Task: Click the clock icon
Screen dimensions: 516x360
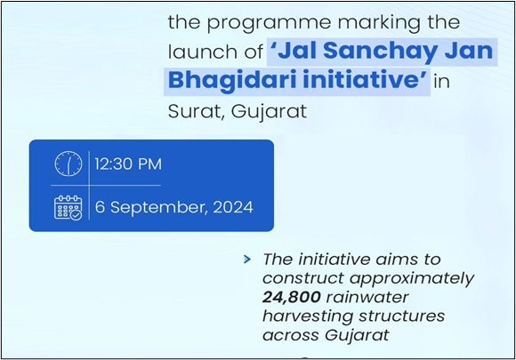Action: coord(69,164)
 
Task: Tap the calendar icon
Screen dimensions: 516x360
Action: coord(69,207)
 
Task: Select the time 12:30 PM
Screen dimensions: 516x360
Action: coord(128,164)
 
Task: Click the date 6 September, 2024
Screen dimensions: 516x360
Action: coord(174,207)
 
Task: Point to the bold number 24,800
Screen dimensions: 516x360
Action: coord(292,297)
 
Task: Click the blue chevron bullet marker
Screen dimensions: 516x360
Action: coord(247,260)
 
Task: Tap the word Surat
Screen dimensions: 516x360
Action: coord(197,111)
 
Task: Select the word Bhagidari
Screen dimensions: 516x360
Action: coord(233,79)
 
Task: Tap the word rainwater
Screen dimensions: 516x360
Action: coord(367,297)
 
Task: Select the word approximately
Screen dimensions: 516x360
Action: coord(412,279)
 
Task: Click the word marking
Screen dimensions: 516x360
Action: coord(379,23)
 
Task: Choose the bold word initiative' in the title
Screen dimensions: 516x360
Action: coord(366,79)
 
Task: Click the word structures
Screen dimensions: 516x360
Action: coord(402,316)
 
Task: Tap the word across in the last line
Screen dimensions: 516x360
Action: coord(291,336)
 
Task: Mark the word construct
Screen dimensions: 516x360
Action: coord(303,278)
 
